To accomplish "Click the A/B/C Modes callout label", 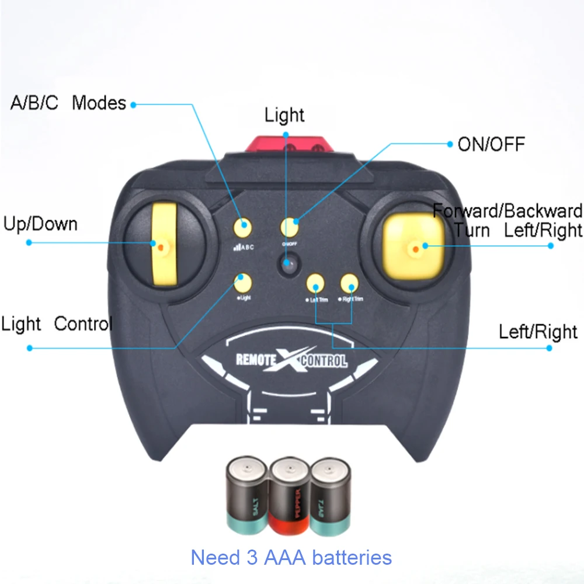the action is tap(68, 103).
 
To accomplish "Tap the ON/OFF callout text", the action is tap(491, 144).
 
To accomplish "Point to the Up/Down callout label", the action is tap(40, 224).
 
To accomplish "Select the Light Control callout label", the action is tap(56, 324).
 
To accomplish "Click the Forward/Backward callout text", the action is tap(507, 211).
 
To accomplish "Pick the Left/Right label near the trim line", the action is tap(538, 332).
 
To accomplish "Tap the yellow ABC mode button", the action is tap(242, 227).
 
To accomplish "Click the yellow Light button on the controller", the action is tap(242, 283).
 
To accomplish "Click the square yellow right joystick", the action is tap(413, 246).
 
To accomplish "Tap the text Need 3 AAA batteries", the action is tap(291, 557).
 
